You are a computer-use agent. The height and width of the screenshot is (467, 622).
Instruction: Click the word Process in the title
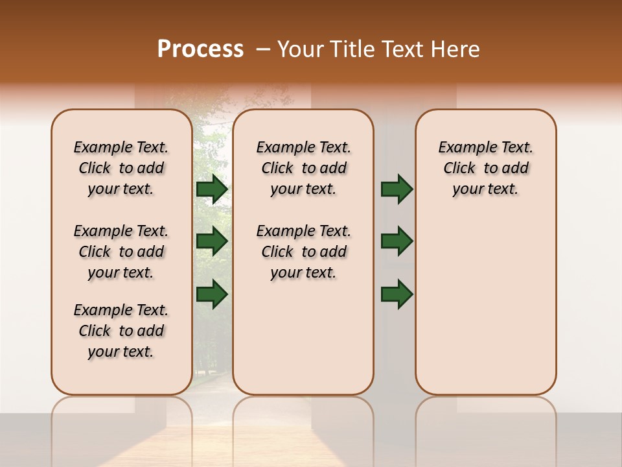coord(200,49)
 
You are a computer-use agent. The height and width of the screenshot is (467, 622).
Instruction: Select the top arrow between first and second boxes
coord(212,189)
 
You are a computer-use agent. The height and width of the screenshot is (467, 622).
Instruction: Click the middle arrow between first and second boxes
coord(212,241)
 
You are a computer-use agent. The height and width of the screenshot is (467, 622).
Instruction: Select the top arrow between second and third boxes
coord(397,189)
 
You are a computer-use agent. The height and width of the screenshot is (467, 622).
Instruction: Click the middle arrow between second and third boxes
coord(397,241)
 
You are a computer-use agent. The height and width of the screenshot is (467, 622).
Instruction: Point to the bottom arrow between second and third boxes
coord(397,294)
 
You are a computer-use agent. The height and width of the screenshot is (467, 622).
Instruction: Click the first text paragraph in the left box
coord(121,168)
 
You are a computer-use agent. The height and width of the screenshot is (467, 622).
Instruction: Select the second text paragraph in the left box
coord(121,252)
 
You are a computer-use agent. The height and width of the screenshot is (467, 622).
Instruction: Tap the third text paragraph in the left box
coord(121,331)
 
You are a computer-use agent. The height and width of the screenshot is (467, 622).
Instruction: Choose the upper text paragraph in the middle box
coord(303,168)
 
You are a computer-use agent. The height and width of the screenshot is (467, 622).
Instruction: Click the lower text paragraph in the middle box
coord(303,252)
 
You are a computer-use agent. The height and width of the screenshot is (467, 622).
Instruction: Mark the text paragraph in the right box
coord(486,168)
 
